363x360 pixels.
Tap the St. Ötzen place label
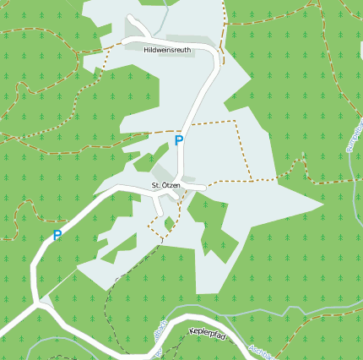click(165, 185)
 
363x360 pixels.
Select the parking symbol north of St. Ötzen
click(178, 141)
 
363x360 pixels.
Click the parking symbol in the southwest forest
click(57, 236)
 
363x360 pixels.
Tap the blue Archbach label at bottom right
click(262, 351)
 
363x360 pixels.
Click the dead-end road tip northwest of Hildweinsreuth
click(129, 17)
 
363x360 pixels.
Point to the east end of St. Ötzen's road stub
click(205, 188)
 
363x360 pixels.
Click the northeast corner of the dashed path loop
click(234, 121)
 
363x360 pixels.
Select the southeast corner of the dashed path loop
click(252, 180)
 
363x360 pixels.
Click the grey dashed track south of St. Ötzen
click(110, 296)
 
